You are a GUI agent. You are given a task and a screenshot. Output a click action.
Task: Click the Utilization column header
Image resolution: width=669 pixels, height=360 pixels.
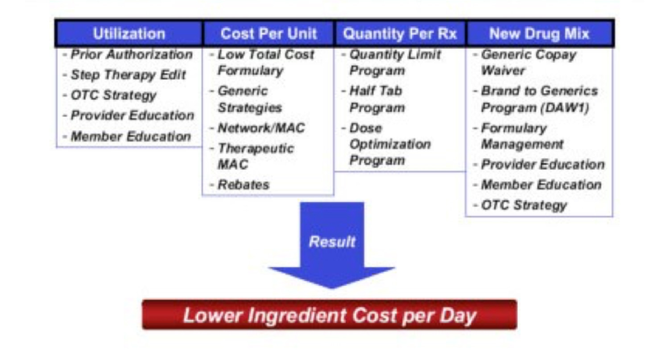(x=129, y=33)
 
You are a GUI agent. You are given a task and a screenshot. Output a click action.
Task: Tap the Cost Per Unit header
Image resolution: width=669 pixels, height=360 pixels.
(x=268, y=33)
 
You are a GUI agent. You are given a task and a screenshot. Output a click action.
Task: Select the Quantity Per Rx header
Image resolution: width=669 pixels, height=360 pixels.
(x=400, y=33)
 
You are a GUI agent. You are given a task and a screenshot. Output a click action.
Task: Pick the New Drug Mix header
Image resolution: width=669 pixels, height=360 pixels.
(x=539, y=33)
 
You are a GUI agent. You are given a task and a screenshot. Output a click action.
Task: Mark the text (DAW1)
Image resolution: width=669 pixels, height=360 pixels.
(x=565, y=108)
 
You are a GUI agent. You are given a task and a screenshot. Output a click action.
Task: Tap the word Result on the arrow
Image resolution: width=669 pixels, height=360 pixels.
(x=332, y=242)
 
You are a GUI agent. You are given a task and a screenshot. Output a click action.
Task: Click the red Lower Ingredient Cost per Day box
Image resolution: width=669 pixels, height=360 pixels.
(x=330, y=314)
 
